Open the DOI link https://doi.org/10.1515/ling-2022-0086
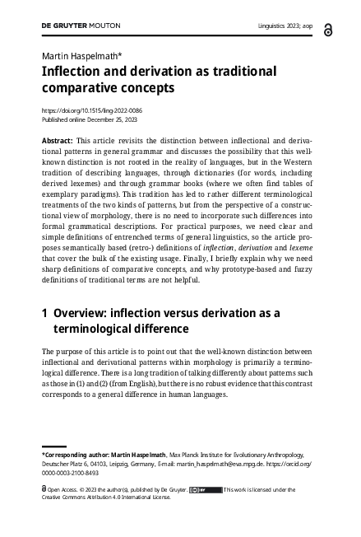point(93,110)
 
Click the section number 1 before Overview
point(44,313)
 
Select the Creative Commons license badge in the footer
point(206,490)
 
